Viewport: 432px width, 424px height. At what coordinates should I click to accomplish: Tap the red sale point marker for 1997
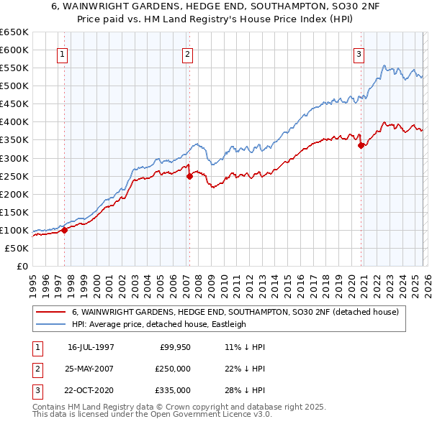64,230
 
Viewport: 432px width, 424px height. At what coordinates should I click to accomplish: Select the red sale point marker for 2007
189,175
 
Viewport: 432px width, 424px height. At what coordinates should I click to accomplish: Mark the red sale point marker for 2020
361,144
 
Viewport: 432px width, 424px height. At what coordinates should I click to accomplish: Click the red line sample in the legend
50,312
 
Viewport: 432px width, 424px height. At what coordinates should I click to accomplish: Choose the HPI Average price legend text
158,324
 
